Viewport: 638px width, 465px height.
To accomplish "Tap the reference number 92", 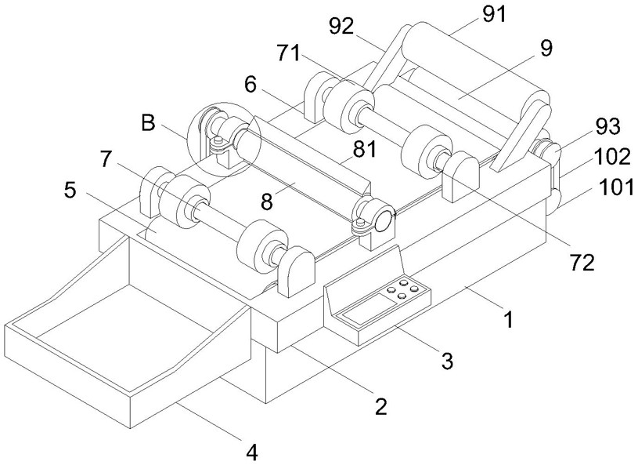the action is click(x=341, y=27).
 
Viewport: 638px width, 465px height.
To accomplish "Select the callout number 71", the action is click(x=289, y=53).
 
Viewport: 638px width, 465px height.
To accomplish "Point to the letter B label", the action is click(x=149, y=122).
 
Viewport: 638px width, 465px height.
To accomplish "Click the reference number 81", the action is click(x=365, y=150).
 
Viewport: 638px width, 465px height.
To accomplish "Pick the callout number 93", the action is click(x=608, y=127).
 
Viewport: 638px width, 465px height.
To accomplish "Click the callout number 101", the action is click(x=616, y=188).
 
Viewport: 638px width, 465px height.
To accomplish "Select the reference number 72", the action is click(x=582, y=263).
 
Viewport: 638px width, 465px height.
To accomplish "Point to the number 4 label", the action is click(x=252, y=452).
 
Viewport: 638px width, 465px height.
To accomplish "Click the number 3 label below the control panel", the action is click(x=447, y=361).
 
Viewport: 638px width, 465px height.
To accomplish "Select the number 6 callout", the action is click(x=251, y=85).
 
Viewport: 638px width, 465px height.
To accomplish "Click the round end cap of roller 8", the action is click(x=384, y=221).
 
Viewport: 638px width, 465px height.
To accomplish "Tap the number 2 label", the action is click(x=381, y=406).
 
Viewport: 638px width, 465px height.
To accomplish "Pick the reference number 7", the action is click(x=105, y=159).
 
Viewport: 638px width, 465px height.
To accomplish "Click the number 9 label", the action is click(x=546, y=48).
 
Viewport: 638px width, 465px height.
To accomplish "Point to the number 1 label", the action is click(x=508, y=319).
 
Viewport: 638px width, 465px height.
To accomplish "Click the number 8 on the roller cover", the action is click(x=267, y=202).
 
